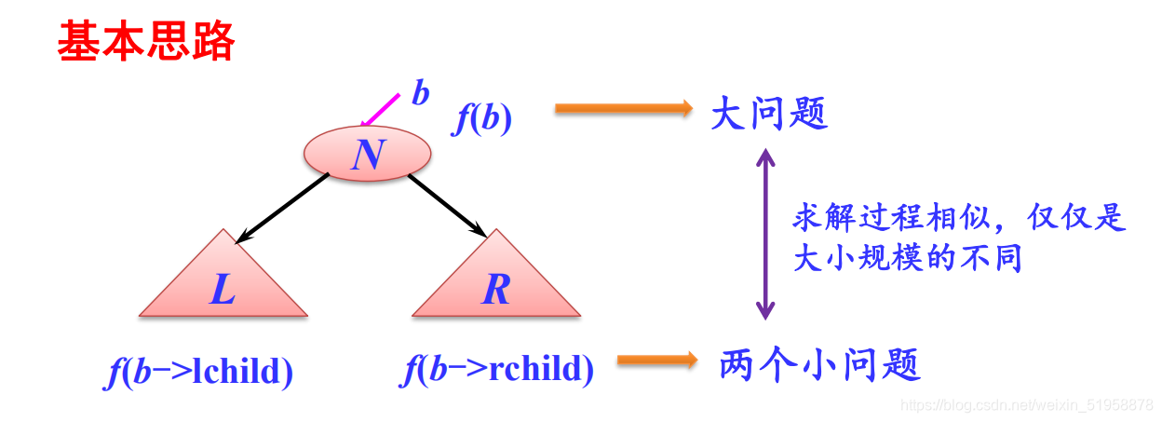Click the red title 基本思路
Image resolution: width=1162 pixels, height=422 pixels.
click(146, 43)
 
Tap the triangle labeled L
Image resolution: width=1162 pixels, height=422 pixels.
click(223, 280)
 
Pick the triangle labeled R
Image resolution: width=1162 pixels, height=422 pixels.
click(495, 280)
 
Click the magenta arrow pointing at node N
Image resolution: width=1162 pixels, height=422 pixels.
click(380, 109)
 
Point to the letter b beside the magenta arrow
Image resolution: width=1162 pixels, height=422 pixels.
click(421, 93)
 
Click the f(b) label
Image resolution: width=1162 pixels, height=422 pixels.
click(482, 120)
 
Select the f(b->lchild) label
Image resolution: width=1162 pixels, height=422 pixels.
click(199, 372)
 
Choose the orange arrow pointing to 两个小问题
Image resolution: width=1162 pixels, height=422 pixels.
click(657, 360)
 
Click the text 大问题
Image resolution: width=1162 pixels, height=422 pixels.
click(768, 116)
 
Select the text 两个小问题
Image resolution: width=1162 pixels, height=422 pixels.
click(820, 364)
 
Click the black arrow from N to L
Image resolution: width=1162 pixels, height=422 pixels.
click(281, 209)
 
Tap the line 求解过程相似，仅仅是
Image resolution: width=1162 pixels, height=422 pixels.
click(959, 218)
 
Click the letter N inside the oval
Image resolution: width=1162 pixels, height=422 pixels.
click(368, 154)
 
